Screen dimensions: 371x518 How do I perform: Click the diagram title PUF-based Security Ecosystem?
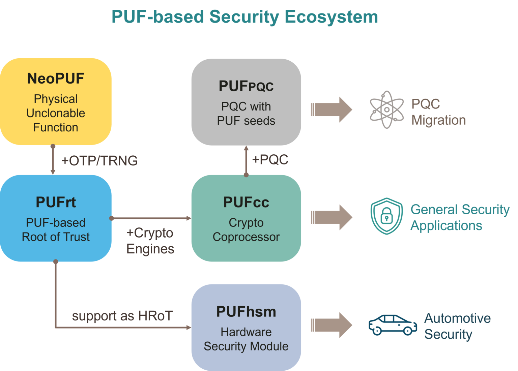pos(244,17)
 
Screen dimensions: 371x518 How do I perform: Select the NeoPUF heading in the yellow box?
pos(56,79)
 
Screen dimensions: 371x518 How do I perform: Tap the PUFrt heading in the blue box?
pos(56,203)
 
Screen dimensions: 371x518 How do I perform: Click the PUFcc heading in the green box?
pos(246,203)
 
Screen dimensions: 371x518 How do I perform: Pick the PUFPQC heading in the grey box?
pos(246,86)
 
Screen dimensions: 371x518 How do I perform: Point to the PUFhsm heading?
pos(246,312)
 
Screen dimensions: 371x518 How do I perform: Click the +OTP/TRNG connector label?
pos(99,161)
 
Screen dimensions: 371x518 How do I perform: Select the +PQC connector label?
pos(270,160)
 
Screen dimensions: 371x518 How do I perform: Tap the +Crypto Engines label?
pos(150,241)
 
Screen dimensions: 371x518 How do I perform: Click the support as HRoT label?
pos(122,316)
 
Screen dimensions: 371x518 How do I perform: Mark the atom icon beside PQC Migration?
pos(386,110)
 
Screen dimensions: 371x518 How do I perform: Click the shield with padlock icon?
pos(386,216)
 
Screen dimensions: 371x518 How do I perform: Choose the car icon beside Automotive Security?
pos(393,325)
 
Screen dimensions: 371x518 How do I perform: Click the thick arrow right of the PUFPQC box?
pos(331,110)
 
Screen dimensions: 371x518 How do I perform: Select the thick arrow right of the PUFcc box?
pos(331,217)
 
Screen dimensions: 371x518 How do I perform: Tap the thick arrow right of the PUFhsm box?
pos(331,325)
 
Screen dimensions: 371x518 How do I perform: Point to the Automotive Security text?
pos(457,326)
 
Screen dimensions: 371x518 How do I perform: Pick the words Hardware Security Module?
pos(246,339)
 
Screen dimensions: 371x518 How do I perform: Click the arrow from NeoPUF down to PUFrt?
pos(53,160)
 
